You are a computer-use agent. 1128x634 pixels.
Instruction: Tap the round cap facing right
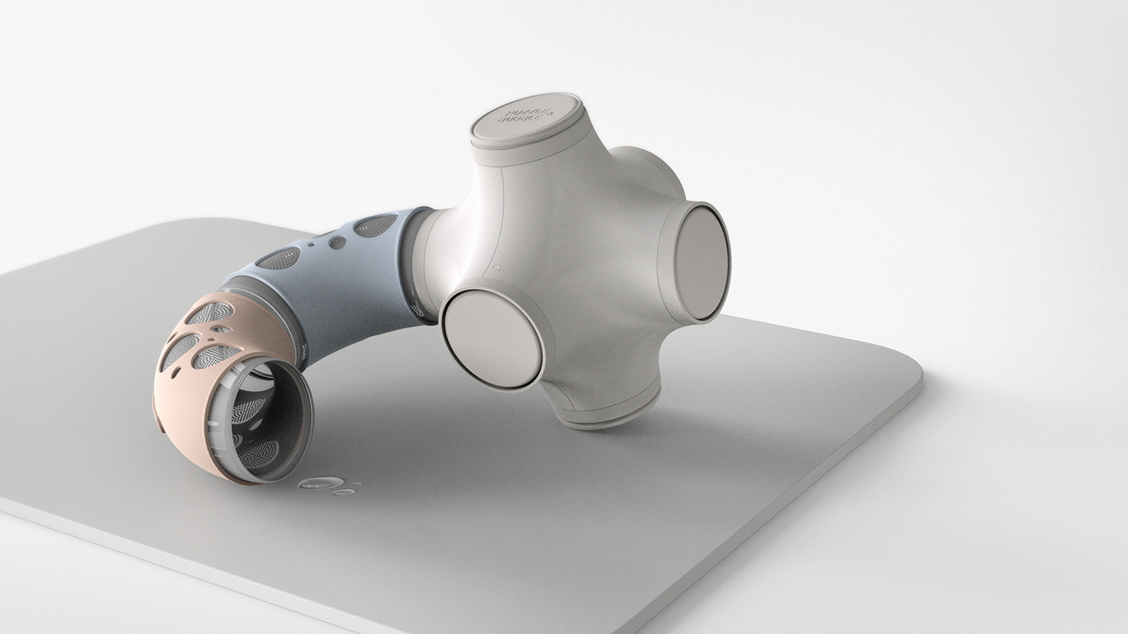[x=700, y=262]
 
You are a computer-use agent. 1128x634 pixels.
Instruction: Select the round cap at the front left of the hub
[x=491, y=338]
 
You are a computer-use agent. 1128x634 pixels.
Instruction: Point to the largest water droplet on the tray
[x=319, y=483]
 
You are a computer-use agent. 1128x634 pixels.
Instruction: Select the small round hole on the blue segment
[x=337, y=242]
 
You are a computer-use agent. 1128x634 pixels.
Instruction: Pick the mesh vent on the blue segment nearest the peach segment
[x=278, y=259]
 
